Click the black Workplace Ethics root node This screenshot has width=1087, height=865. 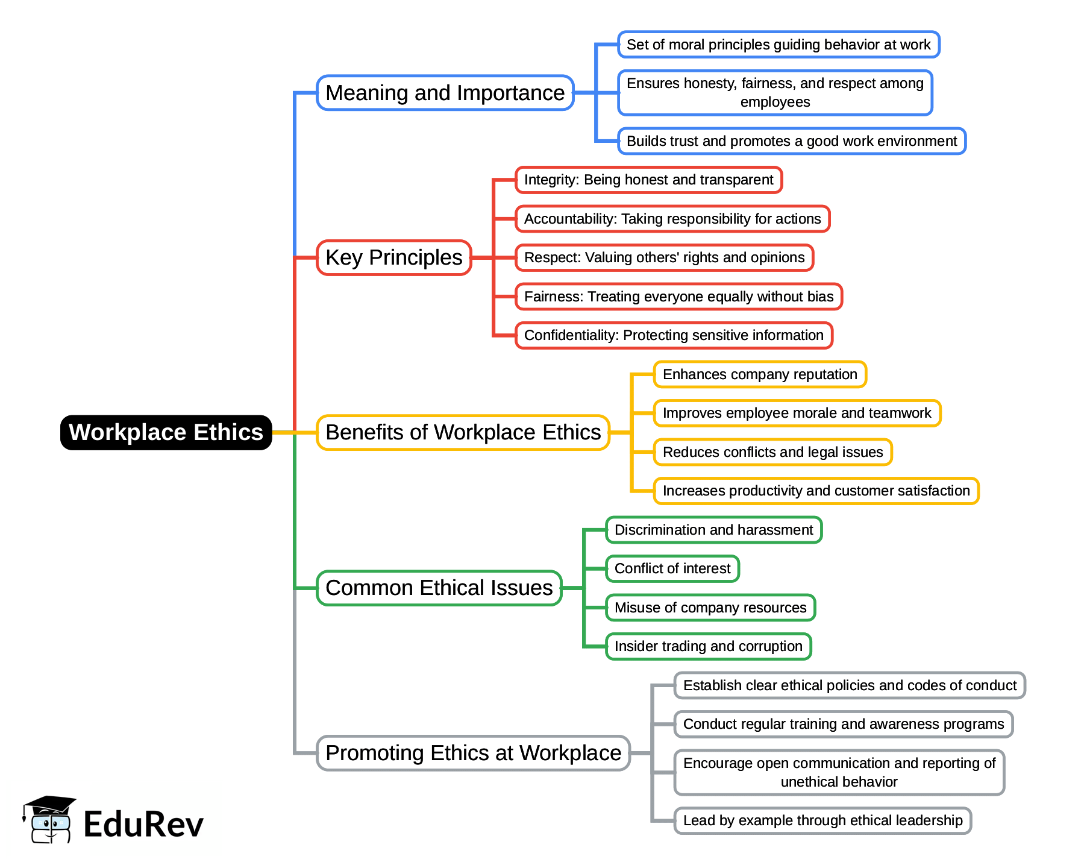coord(166,432)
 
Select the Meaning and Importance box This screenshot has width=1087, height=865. coord(445,93)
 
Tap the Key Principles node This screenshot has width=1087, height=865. coord(393,257)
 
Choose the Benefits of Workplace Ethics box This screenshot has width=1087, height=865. coord(463,432)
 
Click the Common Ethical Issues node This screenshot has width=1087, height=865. coord(439,588)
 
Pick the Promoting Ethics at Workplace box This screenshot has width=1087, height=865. coord(473,753)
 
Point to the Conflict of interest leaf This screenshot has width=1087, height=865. coord(672,568)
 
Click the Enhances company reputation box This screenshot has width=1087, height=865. coord(759,374)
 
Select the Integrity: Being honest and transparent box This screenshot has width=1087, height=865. coord(648,180)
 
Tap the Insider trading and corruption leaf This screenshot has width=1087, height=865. coord(708,646)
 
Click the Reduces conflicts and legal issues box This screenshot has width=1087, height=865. coord(772,452)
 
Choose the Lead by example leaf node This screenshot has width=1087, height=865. coord(822,820)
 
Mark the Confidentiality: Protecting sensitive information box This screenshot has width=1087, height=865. coord(674,335)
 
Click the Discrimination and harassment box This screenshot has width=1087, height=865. coord(713,530)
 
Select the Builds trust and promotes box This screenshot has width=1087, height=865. coord(791,141)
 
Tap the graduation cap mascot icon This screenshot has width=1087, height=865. coord(49,820)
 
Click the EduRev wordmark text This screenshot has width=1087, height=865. coord(143,824)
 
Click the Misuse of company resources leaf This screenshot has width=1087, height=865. coord(710,608)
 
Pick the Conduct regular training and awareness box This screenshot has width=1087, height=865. coord(843,724)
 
